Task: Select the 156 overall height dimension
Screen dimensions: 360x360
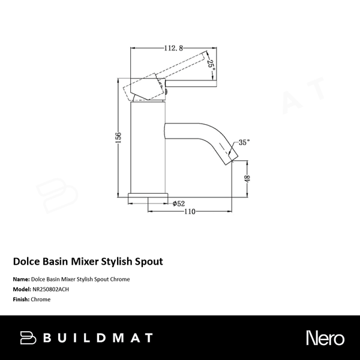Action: (119, 137)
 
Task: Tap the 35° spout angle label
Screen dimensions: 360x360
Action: (244, 142)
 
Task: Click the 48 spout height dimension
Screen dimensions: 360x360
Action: (247, 178)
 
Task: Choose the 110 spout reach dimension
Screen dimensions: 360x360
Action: (190, 212)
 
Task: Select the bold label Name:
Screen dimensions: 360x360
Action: (21, 279)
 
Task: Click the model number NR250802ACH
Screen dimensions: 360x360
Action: (54, 289)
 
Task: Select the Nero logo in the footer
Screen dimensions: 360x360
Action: (323, 337)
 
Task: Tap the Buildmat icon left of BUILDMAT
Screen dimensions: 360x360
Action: (28, 337)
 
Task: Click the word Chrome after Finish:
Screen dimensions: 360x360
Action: (41, 299)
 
